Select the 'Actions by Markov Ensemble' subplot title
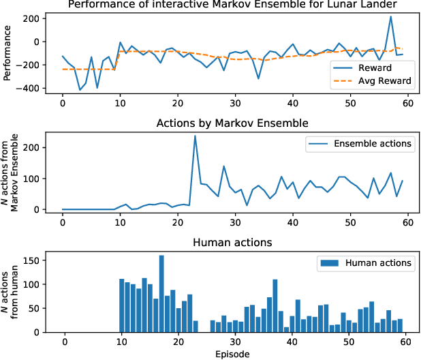click(232, 123)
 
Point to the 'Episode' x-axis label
click(232, 354)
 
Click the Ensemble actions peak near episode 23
click(195, 136)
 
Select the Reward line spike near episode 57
click(390, 16)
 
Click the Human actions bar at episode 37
click(275, 306)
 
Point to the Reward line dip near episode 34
click(258, 78)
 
